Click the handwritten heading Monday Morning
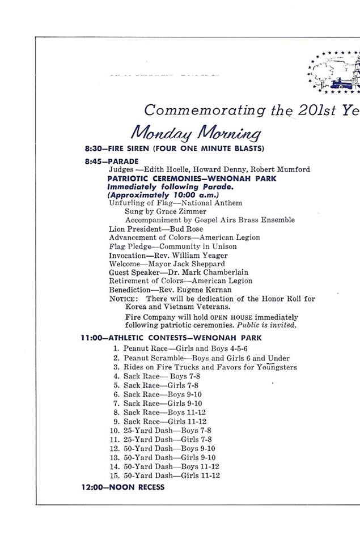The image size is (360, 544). tap(196, 133)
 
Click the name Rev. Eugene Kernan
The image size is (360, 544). tap(194, 289)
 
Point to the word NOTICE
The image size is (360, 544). tap(122, 299)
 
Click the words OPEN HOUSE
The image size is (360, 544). tap(232, 317)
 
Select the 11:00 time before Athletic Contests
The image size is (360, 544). tap(91, 338)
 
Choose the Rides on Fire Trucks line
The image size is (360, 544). tap(210, 367)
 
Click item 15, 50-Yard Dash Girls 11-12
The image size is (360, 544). tap(171, 475)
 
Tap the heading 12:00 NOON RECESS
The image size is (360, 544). tap(122, 487)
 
